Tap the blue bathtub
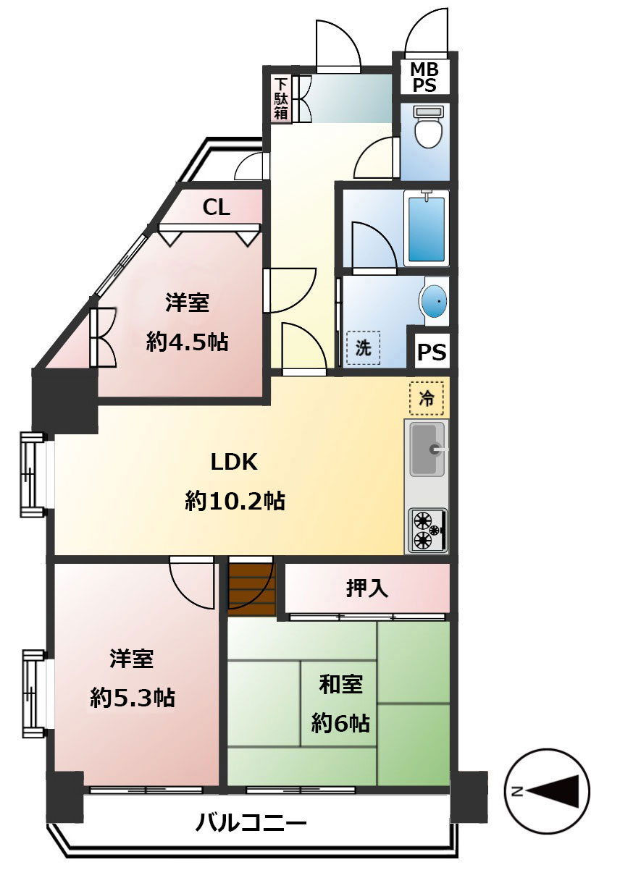(428, 227)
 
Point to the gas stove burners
(427, 531)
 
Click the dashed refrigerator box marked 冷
(427, 397)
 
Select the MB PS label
(424, 77)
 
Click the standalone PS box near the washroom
(432, 352)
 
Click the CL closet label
(216, 208)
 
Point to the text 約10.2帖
(235, 500)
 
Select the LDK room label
(234, 462)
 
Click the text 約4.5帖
(187, 342)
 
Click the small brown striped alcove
(251, 587)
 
